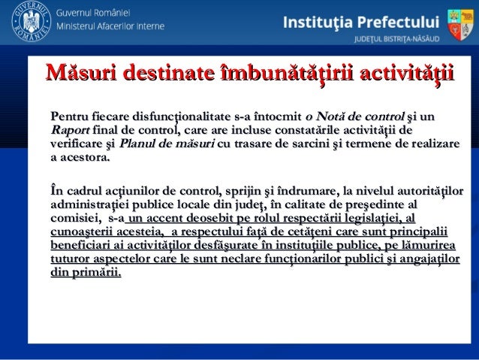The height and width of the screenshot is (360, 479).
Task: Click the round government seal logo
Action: click(x=28, y=24)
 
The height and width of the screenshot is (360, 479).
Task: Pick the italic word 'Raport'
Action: click(x=68, y=129)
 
